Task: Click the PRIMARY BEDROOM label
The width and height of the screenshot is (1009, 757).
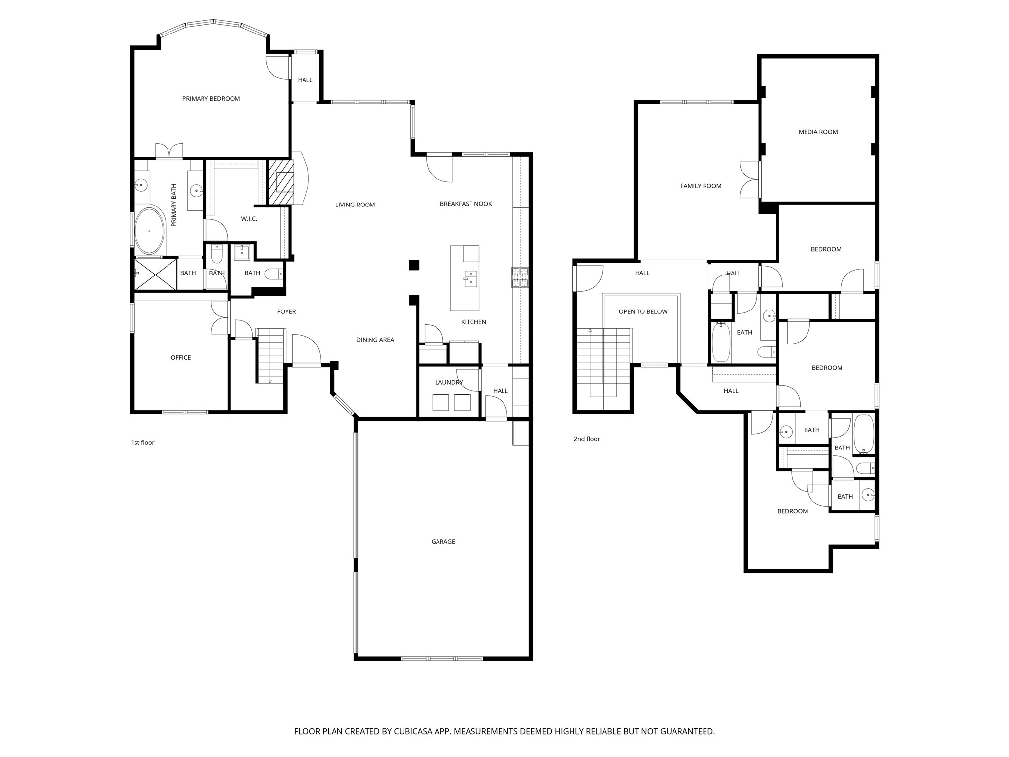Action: coord(211,99)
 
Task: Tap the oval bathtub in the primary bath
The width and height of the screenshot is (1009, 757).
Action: coord(150,231)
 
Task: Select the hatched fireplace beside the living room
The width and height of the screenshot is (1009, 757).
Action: coord(280,182)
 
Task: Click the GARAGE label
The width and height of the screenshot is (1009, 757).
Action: coord(443,542)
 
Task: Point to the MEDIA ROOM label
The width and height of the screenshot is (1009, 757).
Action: coord(818,132)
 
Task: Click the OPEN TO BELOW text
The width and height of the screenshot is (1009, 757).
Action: coord(643,312)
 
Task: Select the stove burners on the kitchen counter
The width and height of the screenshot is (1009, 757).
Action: coord(519,277)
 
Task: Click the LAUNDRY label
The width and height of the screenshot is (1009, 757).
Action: coord(449,383)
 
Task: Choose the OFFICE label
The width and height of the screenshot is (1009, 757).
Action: coord(181,358)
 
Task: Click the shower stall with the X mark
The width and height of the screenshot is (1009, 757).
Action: coord(155,274)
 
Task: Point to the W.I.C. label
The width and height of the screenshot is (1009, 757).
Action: coord(249,219)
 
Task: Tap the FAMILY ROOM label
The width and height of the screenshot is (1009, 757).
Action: coord(701,186)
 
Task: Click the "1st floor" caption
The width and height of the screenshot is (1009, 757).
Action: coord(142,443)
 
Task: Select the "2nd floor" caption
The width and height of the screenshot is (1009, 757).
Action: coord(586,439)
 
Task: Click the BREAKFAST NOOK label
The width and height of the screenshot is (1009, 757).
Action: coord(466,204)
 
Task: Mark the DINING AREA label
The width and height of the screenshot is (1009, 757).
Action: coord(375,340)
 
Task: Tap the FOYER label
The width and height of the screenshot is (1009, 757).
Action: coord(286,312)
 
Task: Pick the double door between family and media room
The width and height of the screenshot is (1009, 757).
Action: coord(750,180)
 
